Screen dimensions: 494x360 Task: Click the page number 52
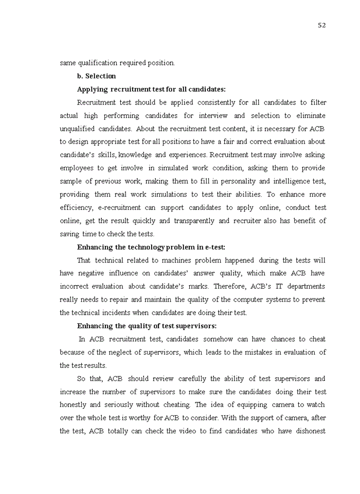pos(322,25)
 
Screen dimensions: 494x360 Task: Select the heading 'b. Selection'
pos(96,76)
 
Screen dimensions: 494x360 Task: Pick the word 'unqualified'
pos(77,129)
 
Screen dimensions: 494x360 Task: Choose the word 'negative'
pos(91,273)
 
